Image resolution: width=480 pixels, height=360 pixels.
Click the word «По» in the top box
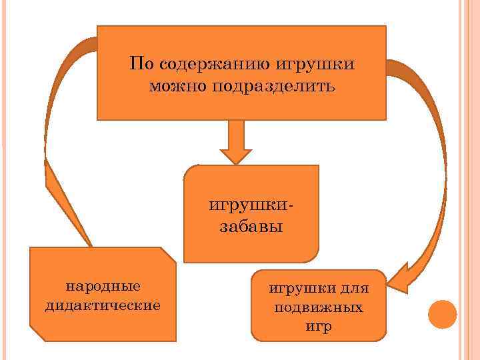(140, 65)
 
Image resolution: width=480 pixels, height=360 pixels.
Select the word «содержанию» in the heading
(211, 65)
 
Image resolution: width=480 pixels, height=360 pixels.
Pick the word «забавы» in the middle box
(251, 226)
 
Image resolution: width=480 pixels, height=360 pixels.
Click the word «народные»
(103, 286)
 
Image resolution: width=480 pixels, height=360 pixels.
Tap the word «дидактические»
(103, 305)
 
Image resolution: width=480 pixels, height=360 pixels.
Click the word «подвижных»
(318, 309)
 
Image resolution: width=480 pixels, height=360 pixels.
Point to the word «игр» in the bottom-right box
(318, 327)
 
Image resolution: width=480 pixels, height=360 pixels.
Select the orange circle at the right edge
(442, 313)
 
